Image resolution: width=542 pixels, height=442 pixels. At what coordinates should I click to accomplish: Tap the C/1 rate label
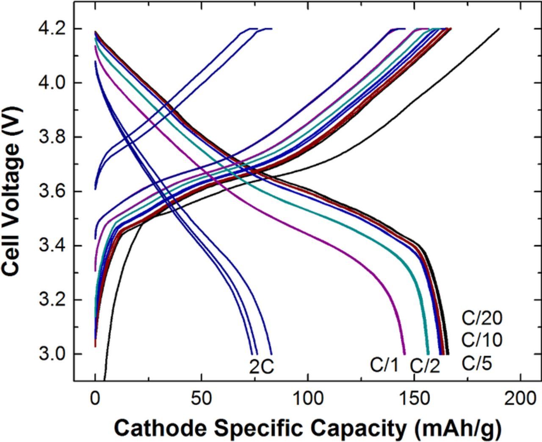pyautogui.click(x=384, y=364)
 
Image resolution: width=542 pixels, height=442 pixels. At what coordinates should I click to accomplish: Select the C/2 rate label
pyautogui.click(x=425, y=366)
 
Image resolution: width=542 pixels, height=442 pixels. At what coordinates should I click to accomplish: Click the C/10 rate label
pyautogui.click(x=481, y=340)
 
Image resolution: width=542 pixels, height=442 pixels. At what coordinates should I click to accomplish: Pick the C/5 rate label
pyautogui.click(x=476, y=363)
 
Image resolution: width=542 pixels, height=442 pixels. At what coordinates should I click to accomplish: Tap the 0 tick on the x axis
pyautogui.click(x=95, y=399)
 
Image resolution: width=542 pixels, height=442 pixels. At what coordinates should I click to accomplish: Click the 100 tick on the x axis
pyautogui.click(x=307, y=399)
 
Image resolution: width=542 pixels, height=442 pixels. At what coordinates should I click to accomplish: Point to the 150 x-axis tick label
pyautogui.click(x=414, y=399)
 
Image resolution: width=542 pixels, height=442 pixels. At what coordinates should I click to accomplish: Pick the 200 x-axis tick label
pyautogui.click(x=520, y=399)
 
